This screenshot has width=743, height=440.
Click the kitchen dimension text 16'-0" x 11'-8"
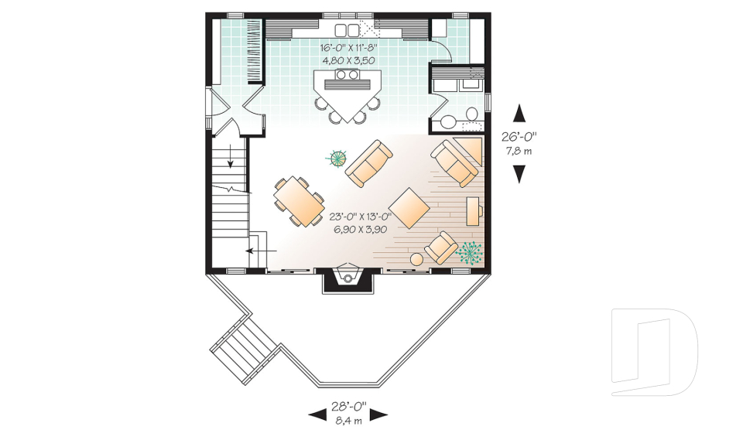pyautogui.click(x=348, y=47)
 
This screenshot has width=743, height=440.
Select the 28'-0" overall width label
pyautogui.click(x=348, y=406)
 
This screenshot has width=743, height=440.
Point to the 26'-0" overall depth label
pyautogui.click(x=519, y=136)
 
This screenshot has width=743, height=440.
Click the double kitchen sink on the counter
pyautogui.click(x=348, y=30)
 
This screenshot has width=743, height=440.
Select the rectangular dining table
pyautogui.click(x=299, y=202)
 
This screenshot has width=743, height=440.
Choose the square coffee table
pyautogui.click(x=409, y=206)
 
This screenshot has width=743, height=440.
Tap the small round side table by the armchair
pyautogui.click(x=416, y=259)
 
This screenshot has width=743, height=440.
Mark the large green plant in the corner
pyautogui.click(x=468, y=252)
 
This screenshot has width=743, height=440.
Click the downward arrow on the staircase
pyautogui.click(x=231, y=157)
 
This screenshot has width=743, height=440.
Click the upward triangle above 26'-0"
pyautogui.click(x=519, y=114)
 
